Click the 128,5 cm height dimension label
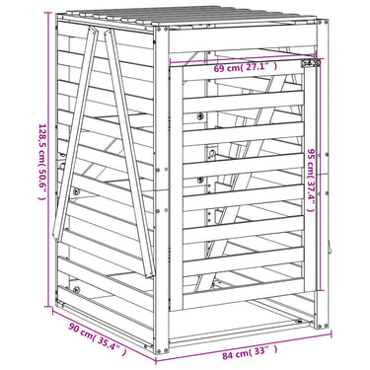coord(42,162)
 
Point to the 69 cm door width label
coord(246,67)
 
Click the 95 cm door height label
coord(311,180)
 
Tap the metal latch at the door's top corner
coord(312,62)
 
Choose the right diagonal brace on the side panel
coord(129,153)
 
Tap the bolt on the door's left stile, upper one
coord(200,115)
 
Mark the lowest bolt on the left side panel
coord(76,290)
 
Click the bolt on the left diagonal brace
coord(76,191)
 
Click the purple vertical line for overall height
coord(49,159)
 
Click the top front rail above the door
coord(243,39)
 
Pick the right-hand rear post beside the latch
coord(322,174)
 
